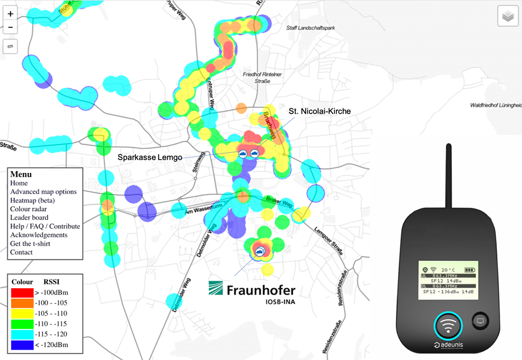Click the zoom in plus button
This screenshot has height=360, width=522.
pyautogui.click(x=11, y=14)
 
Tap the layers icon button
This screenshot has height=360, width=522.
pyautogui.click(x=508, y=16)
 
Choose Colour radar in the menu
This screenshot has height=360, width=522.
pyautogui.click(x=28, y=209)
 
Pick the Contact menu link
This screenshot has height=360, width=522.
pyautogui.click(x=21, y=252)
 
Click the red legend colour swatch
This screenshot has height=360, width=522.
pyautogui.click(x=22, y=293)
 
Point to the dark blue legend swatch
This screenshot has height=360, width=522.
pyautogui.click(x=22, y=345)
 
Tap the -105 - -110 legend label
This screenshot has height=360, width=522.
pyautogui.click(x=57, y=313)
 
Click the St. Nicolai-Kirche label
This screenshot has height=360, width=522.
pyautogui.click(x=320, y=111)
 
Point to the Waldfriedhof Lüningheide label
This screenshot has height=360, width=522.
pyautogui.click(x=495, y=105)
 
